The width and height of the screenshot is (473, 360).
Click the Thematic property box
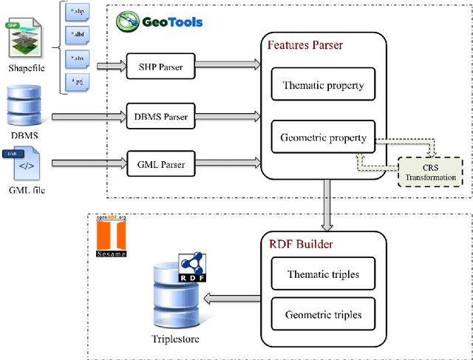[323, 85]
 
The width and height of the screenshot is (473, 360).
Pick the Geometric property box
[323, 137]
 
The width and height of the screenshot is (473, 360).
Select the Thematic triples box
[322, 274]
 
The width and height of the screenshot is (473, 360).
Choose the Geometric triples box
[323, 315]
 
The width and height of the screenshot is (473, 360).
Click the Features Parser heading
[304, 45]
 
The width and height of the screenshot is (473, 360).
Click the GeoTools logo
[160, 21]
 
